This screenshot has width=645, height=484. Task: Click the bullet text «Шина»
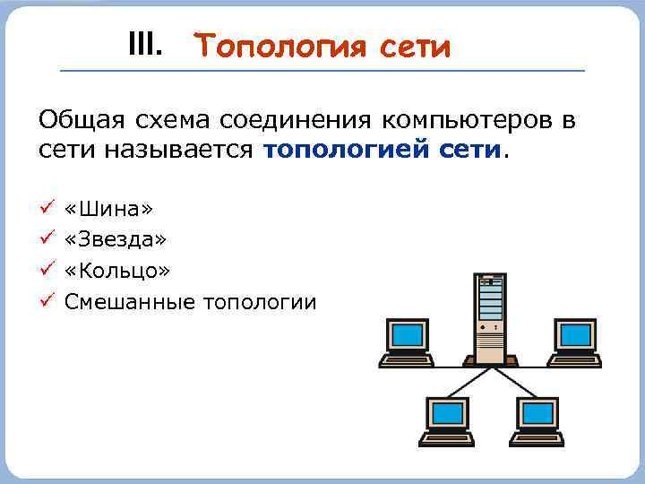(x=109, y=209)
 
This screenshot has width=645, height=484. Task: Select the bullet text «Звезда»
(x=116, y=239)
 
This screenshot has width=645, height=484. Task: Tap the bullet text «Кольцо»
(x=117, y=270)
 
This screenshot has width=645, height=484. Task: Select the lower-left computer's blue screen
(x=447, y=413)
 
